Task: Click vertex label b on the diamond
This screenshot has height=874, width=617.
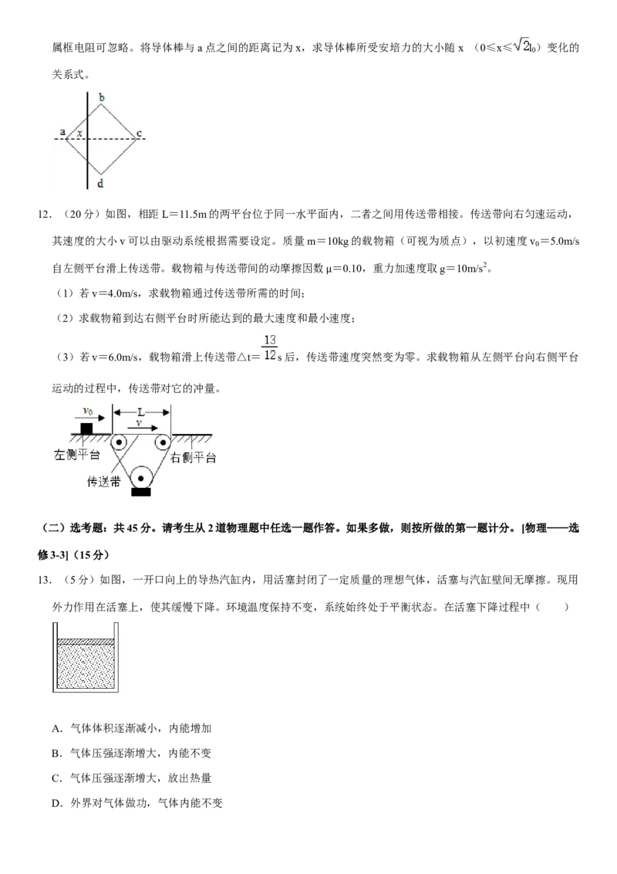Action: (x=101, y=98)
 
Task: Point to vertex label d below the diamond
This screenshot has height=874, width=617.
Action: (x=100, y=184)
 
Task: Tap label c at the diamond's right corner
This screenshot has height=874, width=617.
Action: (x=140, y=134)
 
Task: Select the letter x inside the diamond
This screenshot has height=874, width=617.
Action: (x=79, y=134)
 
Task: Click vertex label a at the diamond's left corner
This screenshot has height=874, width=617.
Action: (x=62, y=132)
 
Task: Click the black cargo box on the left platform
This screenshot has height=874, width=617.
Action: (x=86, y=428)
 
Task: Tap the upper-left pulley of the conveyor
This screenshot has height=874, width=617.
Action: (x=118, y=443)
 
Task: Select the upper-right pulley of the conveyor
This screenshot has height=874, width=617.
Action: (x=163, y=443)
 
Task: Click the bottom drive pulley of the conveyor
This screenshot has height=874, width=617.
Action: (x=141, y=478)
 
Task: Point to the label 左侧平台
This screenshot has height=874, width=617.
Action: (x=77, y=456)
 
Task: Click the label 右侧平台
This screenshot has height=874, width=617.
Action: (x=193, y=458)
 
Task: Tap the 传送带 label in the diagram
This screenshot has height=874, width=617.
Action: (x=103, y=482)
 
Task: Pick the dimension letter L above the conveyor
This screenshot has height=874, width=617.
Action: (x=141, y=412)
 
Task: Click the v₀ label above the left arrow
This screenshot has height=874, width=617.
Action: (x=88, y=411)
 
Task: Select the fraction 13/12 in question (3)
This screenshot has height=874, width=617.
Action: (x=270, y=347)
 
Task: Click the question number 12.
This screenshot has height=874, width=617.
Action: (x=44, y=214)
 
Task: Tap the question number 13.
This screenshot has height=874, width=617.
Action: (x=44, y=580)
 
